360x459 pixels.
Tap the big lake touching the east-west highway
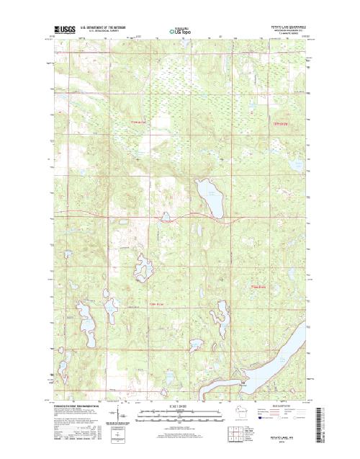point(209,196)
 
